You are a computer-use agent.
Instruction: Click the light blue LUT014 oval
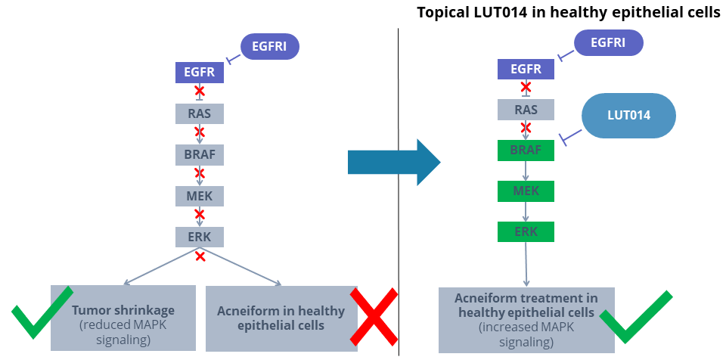point(629,116)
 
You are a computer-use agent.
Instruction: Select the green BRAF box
point(526,150)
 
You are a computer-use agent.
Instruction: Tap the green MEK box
point(526,191)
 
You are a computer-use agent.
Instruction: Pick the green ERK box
point(526,231)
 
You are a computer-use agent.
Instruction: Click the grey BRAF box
point(200,155)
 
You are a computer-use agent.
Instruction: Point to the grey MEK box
point(200,196)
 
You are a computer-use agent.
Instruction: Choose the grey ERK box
point(200,237)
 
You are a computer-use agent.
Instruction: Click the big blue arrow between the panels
point(394,162)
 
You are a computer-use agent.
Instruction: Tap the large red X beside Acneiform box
point(374,317)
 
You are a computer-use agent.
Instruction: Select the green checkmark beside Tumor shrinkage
point(42,312)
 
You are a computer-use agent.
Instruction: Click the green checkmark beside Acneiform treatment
point(637,318)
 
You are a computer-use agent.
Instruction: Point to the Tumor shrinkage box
point(123,318)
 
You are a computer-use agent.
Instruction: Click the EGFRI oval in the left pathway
point(270,46)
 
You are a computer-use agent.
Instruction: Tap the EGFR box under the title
point(526,70)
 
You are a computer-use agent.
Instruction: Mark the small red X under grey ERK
point(200,256)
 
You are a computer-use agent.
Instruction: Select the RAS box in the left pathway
point(200,113)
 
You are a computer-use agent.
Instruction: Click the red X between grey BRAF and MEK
point(200,173)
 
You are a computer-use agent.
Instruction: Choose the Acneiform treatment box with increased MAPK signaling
point(526,320)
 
